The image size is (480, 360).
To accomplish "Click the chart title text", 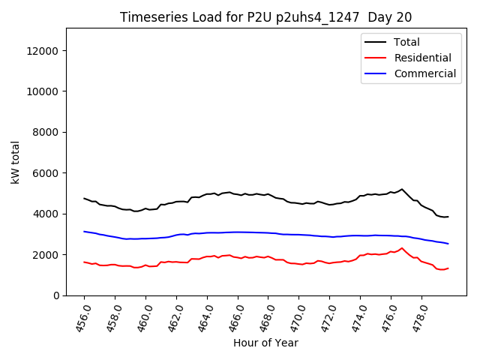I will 265,17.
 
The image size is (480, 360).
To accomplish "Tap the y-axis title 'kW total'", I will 16,161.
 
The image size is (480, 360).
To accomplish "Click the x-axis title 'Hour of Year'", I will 265,343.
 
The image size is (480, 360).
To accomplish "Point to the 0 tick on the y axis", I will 56,295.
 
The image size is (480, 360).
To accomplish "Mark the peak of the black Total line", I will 402,189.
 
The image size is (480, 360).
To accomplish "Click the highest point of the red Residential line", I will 402,248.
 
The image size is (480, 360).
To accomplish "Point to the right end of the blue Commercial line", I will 448,244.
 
